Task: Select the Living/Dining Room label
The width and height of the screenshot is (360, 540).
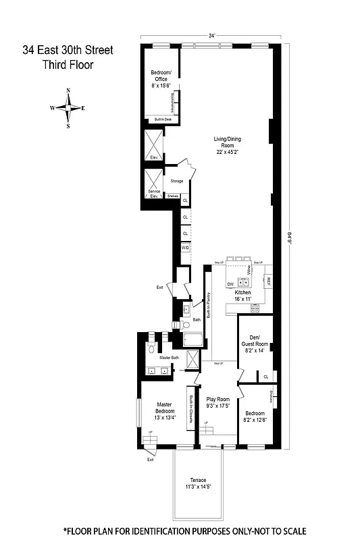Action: (228, 145)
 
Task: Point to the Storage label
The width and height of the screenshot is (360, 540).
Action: (176, 182)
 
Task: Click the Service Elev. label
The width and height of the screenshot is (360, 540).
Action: (154, 194)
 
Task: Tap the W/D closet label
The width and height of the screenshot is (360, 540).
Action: (185, 248)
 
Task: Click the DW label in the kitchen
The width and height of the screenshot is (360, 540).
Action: (230, 284)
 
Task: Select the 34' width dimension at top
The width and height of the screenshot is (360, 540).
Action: (212, 36)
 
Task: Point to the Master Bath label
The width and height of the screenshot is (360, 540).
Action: (170, 357)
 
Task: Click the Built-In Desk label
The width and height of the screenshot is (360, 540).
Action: (164, 119)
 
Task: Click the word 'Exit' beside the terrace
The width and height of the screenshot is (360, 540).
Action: (150, 460)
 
